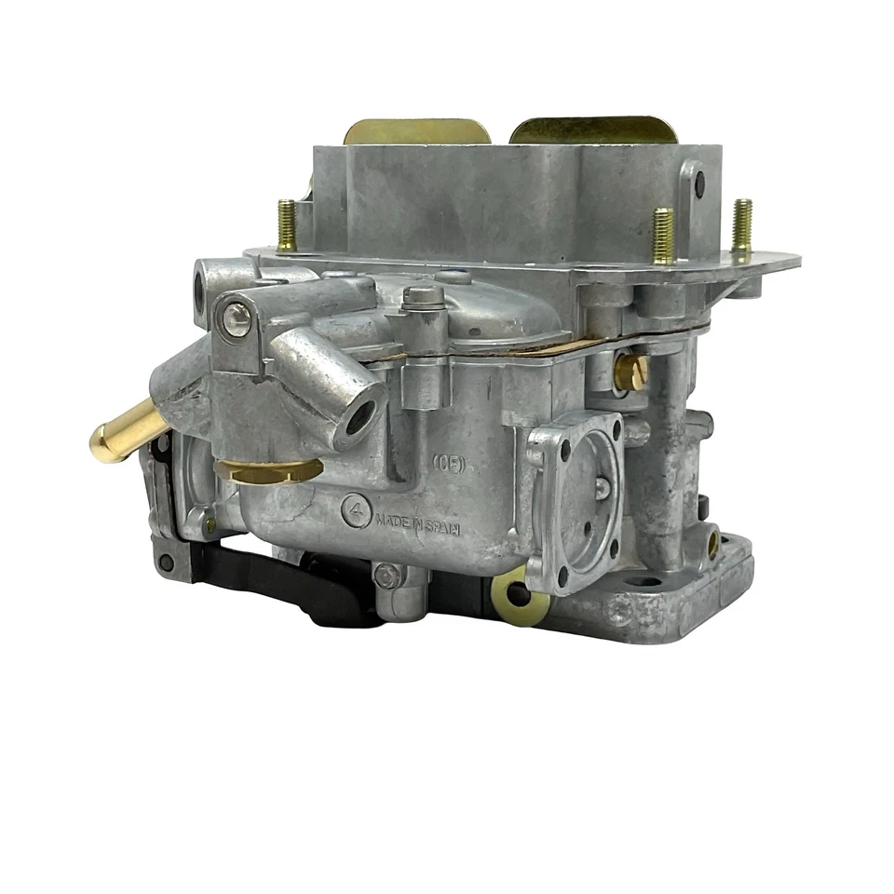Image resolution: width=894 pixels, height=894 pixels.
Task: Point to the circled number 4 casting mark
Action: coord(354,509)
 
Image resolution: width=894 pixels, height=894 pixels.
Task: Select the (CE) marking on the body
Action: coord(449,463)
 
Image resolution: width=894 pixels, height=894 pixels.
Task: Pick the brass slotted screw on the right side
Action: coord(630,372)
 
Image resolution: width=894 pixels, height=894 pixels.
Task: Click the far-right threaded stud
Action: coord(741,225)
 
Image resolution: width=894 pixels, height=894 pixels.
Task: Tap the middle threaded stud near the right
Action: coord(663,235)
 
